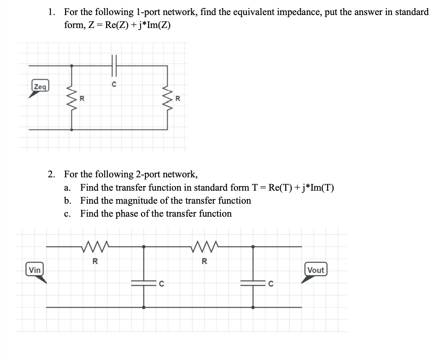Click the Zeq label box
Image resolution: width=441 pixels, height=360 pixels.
pyautogui.click(x=40, y=86)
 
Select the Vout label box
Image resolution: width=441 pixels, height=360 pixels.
pyautogui.click(x=316, y=270)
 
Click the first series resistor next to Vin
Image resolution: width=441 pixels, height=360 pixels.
pyautogui.click(x=95, y=247)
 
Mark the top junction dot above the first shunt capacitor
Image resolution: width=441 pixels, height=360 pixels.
pyautogui.click(x=144, y=247)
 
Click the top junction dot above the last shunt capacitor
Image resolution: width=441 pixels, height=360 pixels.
pyautogui.click(x=253, y=247)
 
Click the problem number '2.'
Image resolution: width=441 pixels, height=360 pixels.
pyautogui.click(x=51, y=174)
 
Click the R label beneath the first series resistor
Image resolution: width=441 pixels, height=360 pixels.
pyautogui.click(x=95, y=261)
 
